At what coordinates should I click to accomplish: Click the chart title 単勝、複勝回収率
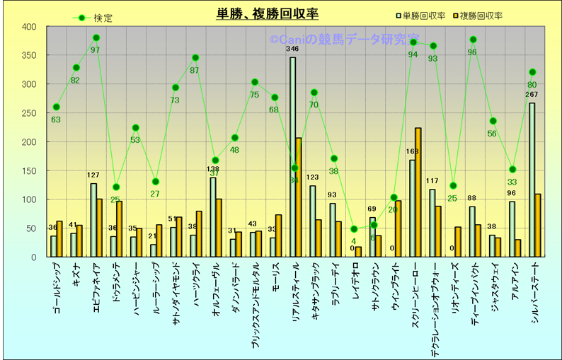[x=268, y=13]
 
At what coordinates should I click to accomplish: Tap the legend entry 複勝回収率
[x=481, y=15]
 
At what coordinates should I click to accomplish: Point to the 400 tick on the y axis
[x=28, y=27]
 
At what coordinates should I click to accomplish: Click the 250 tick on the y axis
[x=28, y=113]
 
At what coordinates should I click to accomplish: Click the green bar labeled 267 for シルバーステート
[x=532, y=180]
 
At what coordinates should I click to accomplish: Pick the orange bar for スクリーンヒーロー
[x=418, y=192]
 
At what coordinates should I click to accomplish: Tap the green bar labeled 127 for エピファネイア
[x=93, y=220]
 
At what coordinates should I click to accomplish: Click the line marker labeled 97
[x=96, y=38]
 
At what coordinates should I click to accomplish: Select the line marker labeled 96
[x=473, y=40]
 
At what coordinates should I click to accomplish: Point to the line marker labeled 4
[x=354, y=229]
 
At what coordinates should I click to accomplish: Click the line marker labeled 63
[x=57, y=108]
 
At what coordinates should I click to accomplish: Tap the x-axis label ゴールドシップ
[x=57, y=287]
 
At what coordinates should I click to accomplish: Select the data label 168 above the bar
[x=413, y=151]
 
